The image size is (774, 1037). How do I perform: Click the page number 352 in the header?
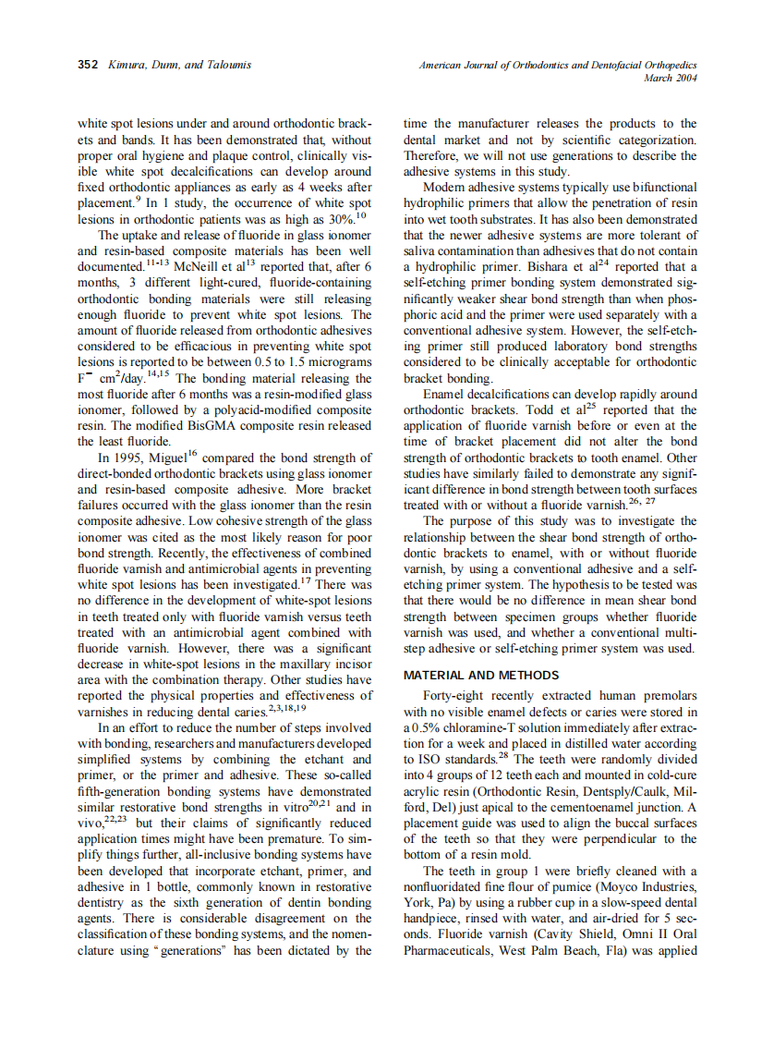coord(87,66)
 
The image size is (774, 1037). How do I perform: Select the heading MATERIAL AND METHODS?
coord(480,676)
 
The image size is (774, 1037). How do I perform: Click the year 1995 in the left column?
coord(129,457)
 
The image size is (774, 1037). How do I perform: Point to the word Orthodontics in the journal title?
coord(537,66)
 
